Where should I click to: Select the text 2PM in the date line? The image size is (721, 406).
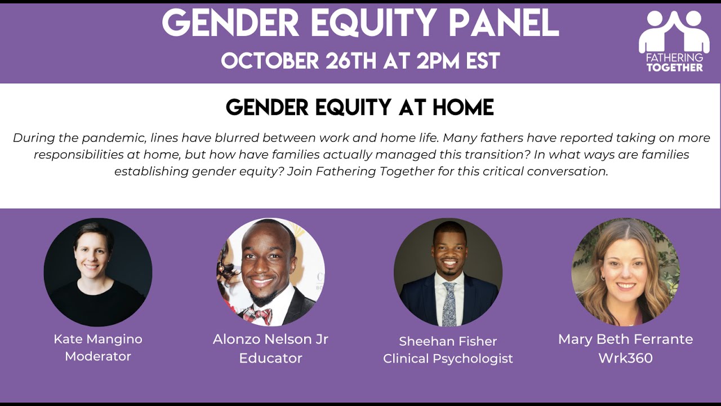tap(442, 60)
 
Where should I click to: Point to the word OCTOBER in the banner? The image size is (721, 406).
tap(270, 60)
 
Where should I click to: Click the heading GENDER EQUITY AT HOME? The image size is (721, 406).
tap(360, 107)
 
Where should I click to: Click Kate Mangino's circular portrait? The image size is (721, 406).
tap(98, 272)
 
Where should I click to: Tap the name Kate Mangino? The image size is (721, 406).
tap(98, 339)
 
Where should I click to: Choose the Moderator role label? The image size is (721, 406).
tap(98, 356)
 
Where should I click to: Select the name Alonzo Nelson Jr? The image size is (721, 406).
tap(270, 339)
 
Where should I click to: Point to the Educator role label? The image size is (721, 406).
tap(270, 358)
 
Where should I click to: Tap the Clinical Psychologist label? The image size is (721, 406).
tap(448, 359)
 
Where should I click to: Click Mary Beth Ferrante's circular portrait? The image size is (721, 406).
tap(625, 272)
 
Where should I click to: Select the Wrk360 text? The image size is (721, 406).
tap(625, 358)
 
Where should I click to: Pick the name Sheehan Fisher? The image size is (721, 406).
tap(448, 341)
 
